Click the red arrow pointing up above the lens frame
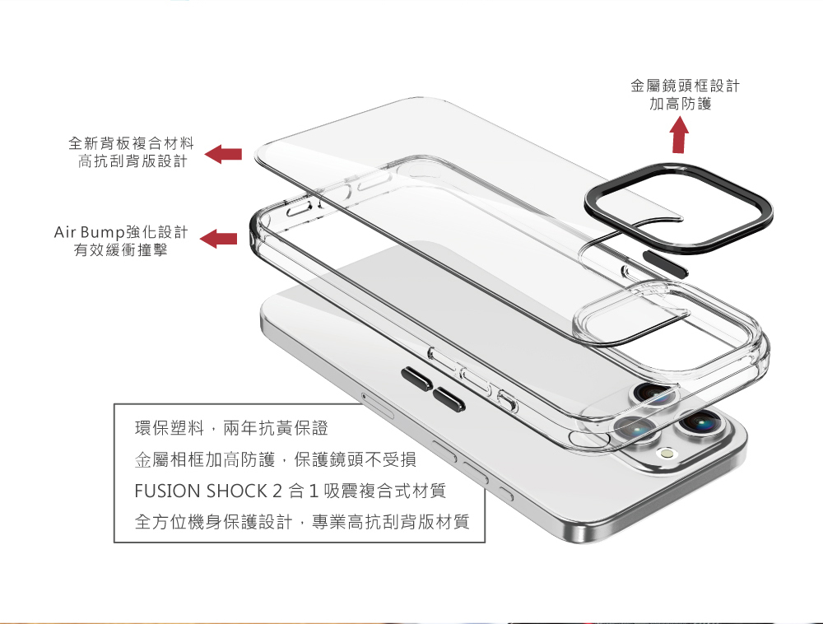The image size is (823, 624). (679, 136)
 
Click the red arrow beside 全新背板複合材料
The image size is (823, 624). (223, 154)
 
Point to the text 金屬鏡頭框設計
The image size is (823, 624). (685, 86)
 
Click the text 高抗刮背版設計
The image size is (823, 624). (132, 161)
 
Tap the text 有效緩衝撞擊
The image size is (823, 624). (120, 249)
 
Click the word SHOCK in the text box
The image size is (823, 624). (235, 491)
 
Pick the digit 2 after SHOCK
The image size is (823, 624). (276, 491)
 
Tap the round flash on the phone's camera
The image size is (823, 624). (667, 454)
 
